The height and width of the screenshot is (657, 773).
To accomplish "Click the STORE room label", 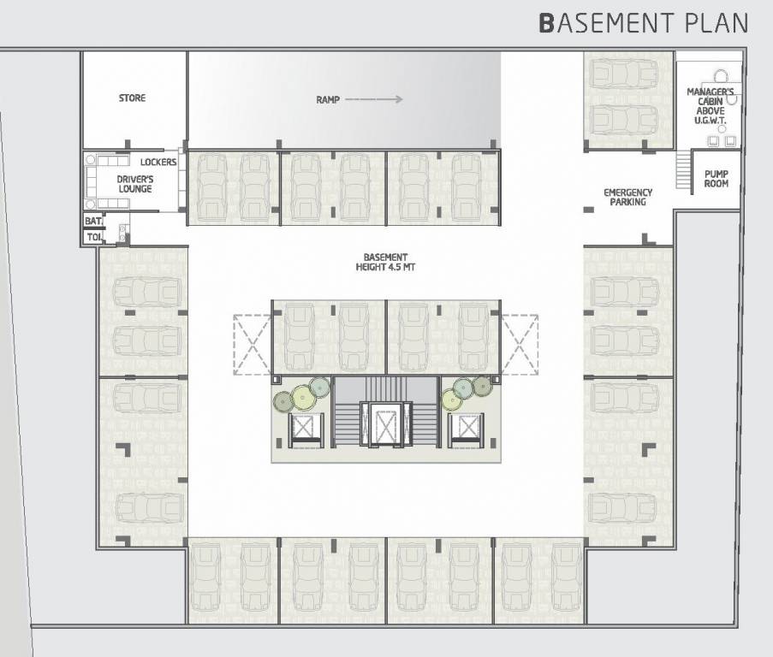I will click(x=132, y=98).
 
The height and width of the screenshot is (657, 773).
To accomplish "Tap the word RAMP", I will click(x=328, y=100).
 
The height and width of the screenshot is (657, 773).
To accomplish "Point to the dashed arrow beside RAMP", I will click(x=374, y=100).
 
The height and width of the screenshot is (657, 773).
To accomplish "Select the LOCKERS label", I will click(x=158, y=162).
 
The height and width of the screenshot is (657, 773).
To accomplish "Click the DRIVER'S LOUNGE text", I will click(x=135, y=184).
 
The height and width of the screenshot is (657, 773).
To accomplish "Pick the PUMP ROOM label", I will click(x=716, y=178).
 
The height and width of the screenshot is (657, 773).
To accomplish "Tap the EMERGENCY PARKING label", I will click(x=627, y=198).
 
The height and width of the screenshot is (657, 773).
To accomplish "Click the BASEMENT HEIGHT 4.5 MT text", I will click(x=384, y=262).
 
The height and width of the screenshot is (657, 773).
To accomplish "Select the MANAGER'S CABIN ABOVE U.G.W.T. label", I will click(x=710, y=106).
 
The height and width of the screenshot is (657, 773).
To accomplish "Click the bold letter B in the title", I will click(x=546, y=22).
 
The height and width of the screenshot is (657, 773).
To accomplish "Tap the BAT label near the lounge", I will click(x=92, y=221).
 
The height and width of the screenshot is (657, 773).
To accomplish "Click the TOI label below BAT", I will click(x=92, y=236).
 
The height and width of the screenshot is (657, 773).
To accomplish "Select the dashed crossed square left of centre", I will click(x=253, y=344).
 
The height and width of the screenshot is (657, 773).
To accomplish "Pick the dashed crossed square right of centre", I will click(x=520, y=344).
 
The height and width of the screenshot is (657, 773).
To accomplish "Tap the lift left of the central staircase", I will click(x=305, y=427).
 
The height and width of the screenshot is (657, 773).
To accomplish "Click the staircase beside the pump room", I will click(x=682, y=171).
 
